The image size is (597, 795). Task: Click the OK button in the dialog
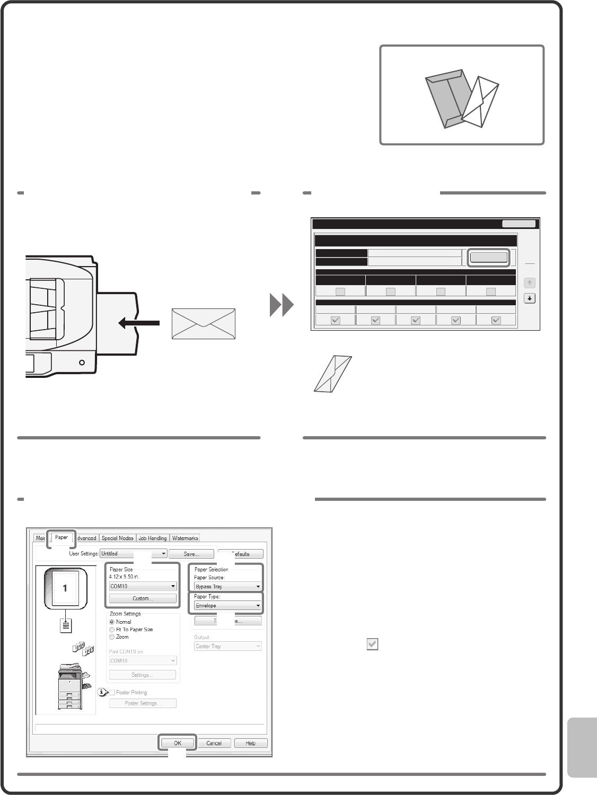(178, 743)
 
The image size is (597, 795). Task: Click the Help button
(251, 743)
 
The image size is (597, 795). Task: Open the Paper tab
(62, 537)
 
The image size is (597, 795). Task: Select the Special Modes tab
(118, 538)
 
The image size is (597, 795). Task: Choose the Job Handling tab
(153, 538)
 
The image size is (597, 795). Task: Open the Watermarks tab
(185, 538)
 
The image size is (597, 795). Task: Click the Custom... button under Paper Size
(143, 598)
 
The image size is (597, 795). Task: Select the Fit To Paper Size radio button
(112, 630)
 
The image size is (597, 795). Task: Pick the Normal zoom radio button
(112, 622)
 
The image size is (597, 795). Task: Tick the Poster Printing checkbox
(112, 692)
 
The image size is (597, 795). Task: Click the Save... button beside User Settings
(191, 554)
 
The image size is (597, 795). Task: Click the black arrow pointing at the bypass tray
(138, 322)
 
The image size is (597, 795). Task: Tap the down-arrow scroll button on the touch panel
(529, 298)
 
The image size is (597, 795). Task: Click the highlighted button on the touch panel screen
(488, 258)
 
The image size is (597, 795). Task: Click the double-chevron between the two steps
(282, 306)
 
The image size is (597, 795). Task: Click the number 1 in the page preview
(65, 588)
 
